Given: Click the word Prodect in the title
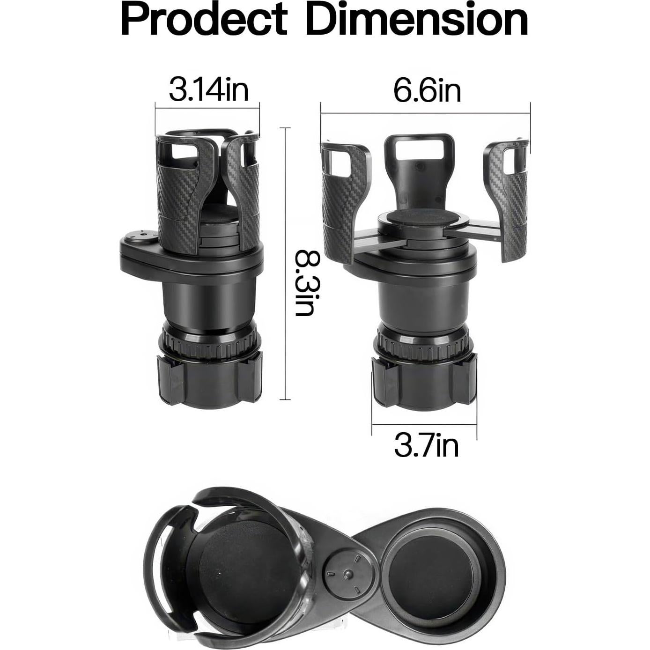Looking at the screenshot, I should click(x=204, y=20).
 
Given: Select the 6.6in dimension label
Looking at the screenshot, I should click(x=427, y=90).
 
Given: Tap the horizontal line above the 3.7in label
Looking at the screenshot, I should click(x=424, y=425).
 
